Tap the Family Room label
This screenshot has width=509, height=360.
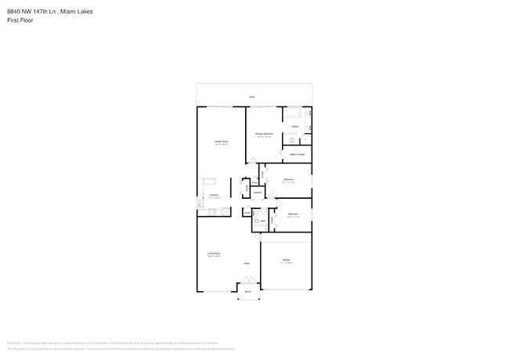pos(221,142)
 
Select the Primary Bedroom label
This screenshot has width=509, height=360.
pos(264,135)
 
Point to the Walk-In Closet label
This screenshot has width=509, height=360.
pos(298,154)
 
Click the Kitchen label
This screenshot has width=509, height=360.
pos(213,196)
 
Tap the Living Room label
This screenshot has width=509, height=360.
pos(213,254)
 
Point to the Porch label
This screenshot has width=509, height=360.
pos(247,292)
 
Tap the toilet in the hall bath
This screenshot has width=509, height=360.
pos(257,221)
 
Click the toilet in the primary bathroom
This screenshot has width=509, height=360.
pos(291,140)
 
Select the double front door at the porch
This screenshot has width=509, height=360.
pos(247,284)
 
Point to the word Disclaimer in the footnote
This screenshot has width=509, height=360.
pos(13,343)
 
